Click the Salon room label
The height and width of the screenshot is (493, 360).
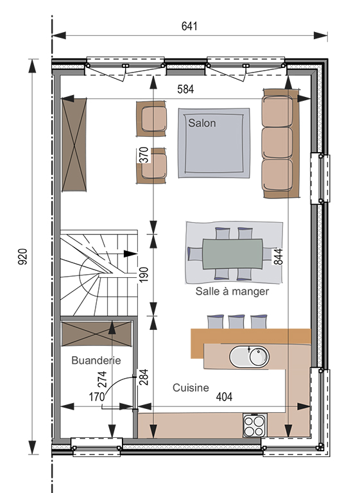(202, 123)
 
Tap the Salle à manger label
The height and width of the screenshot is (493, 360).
(232, 291)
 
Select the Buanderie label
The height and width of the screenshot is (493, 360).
(96, 360)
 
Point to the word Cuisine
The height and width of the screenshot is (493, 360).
(191, 388)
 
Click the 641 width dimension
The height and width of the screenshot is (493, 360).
(189, 26)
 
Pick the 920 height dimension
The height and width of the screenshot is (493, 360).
(23, 257)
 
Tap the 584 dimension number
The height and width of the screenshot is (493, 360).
(185, 89)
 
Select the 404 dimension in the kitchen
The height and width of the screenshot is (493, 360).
(224, 397)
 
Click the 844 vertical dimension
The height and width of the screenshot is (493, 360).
(279, 257)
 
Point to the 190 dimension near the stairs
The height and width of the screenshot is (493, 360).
(143, 275)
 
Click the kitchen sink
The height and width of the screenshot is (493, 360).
(249, 357)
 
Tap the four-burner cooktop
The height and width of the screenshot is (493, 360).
(255, 425)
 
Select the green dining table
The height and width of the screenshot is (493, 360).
(232, 254)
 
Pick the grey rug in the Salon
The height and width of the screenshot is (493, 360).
(214, 143)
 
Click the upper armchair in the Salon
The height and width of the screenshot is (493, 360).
(151, 119)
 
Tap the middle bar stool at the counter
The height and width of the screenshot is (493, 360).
(236, 322)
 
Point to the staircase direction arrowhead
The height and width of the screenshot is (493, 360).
(130, 254)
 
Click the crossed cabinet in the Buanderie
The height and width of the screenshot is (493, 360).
(96, 334)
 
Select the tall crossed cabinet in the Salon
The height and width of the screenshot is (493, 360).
(74, 144)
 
